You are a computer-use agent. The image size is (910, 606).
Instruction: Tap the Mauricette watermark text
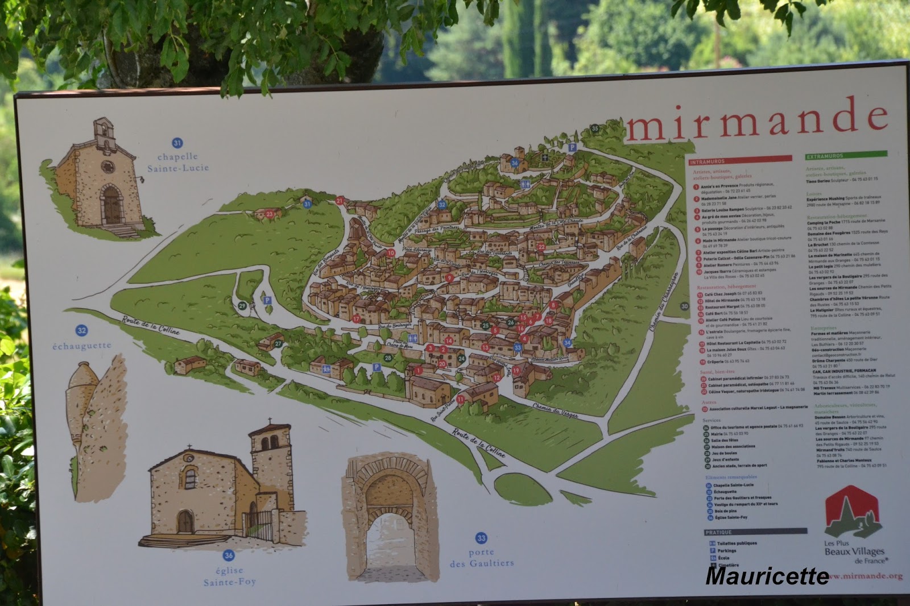(x=767, y=575)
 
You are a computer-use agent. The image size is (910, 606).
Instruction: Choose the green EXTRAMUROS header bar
(x=846, y=155)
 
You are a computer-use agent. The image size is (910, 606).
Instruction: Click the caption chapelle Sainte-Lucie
(x=178, y=162)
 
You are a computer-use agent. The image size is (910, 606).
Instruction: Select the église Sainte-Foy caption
(x=229, y=576)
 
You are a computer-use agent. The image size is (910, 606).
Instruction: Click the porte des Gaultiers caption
(x=481, y=558)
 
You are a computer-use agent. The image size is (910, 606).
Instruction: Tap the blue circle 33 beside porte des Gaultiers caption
(x=481, y=538)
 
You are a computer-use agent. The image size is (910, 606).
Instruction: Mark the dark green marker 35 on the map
(x=595, y=128)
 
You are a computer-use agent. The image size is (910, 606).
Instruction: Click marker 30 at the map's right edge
(x=684, y=306)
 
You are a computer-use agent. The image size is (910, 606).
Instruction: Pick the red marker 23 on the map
(x=270, y=214)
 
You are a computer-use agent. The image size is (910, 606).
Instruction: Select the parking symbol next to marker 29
(x=266, y=300)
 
